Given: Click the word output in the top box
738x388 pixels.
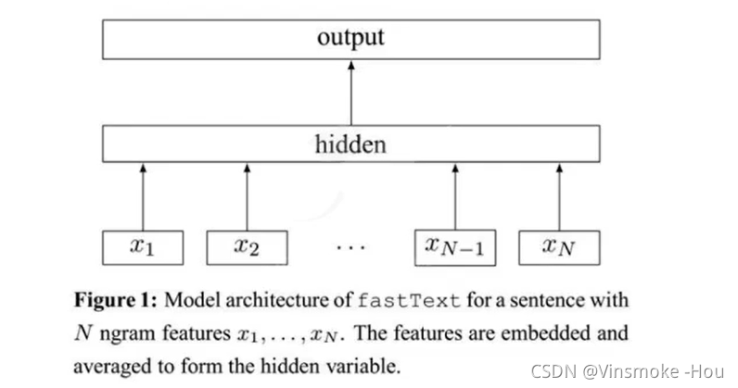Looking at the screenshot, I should [x=350, y=38].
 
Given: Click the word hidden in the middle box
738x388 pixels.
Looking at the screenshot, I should [x=350, y=144].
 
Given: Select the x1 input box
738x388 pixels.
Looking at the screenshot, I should [x=142, y=246].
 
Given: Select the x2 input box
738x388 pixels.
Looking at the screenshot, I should [x=246, y=246].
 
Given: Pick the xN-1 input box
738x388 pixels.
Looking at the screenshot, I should [x=454, y=246].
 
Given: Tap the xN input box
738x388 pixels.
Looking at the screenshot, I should [x=559, y=246].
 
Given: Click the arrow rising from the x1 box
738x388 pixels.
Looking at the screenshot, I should [x=142, y=196].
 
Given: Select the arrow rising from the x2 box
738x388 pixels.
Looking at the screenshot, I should [x=246, y=196].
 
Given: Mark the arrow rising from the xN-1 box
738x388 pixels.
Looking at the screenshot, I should [x=454, y=196].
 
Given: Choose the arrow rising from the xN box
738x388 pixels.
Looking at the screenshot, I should [x=559, y=196].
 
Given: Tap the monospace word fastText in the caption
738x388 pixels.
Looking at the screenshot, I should [x=409, y=301].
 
